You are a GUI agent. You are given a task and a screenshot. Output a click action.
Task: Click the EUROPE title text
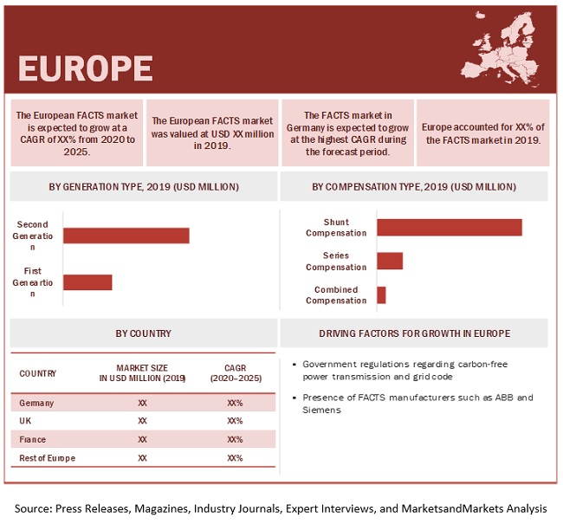[x=85, y=68]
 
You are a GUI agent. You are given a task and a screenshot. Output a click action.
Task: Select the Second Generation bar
[x=126, y=236]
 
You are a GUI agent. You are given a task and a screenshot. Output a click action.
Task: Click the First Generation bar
[x=87, y=281]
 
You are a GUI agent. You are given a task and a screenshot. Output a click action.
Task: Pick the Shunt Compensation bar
[x=449, y=227]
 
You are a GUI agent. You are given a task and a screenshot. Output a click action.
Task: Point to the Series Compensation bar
[x=390, y=261]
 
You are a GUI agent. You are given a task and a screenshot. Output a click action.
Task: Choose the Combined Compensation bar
[x=381, y=295]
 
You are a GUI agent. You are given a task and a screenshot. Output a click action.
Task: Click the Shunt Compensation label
[x=335, y=227]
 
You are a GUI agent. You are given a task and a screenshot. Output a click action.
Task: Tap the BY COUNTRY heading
[x=143, y=333]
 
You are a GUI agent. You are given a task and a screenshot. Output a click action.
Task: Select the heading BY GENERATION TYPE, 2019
[x=144, y=186]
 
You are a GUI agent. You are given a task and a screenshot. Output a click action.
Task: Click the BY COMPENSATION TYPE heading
[x=413, y=186]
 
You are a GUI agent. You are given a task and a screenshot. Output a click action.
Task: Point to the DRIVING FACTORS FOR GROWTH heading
[x=414, y=333]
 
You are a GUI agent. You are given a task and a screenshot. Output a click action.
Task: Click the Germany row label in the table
[x=36, y=403]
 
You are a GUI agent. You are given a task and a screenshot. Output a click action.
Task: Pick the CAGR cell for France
[x=235, y=439]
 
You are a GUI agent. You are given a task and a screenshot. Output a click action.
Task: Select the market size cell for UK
[x=143, y=421]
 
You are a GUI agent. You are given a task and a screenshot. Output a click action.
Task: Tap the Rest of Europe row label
[x=47, y=457]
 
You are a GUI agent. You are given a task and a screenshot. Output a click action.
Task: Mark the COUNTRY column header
[x=37, y=373]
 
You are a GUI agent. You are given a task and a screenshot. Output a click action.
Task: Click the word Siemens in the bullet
[x=315, y=410]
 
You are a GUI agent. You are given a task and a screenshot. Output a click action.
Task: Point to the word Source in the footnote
[x=36, y=508]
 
